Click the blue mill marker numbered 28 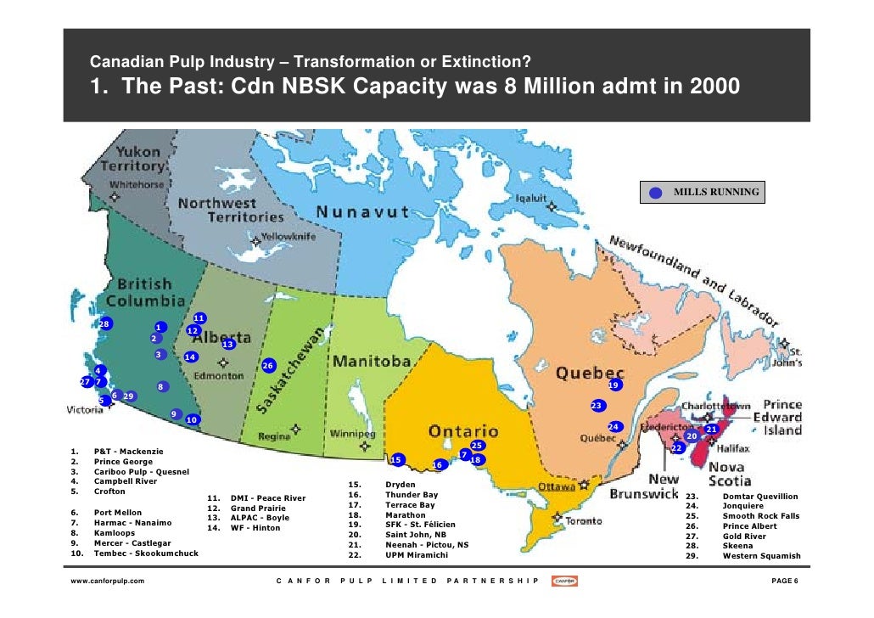[x=104, y=324]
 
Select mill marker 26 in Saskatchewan [x=268, y=365]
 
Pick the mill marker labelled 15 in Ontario [x=396, y=459]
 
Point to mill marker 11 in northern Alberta [x=199, y=318]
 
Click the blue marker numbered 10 [x=193, y=419]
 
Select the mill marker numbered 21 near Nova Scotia [x=711, y=429]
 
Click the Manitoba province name [x=372, y=362]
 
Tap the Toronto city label [x=584, y=520]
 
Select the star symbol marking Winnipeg [x=365, y=445]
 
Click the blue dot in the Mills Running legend [x=655, y=193]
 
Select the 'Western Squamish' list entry [x=760, y=556]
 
